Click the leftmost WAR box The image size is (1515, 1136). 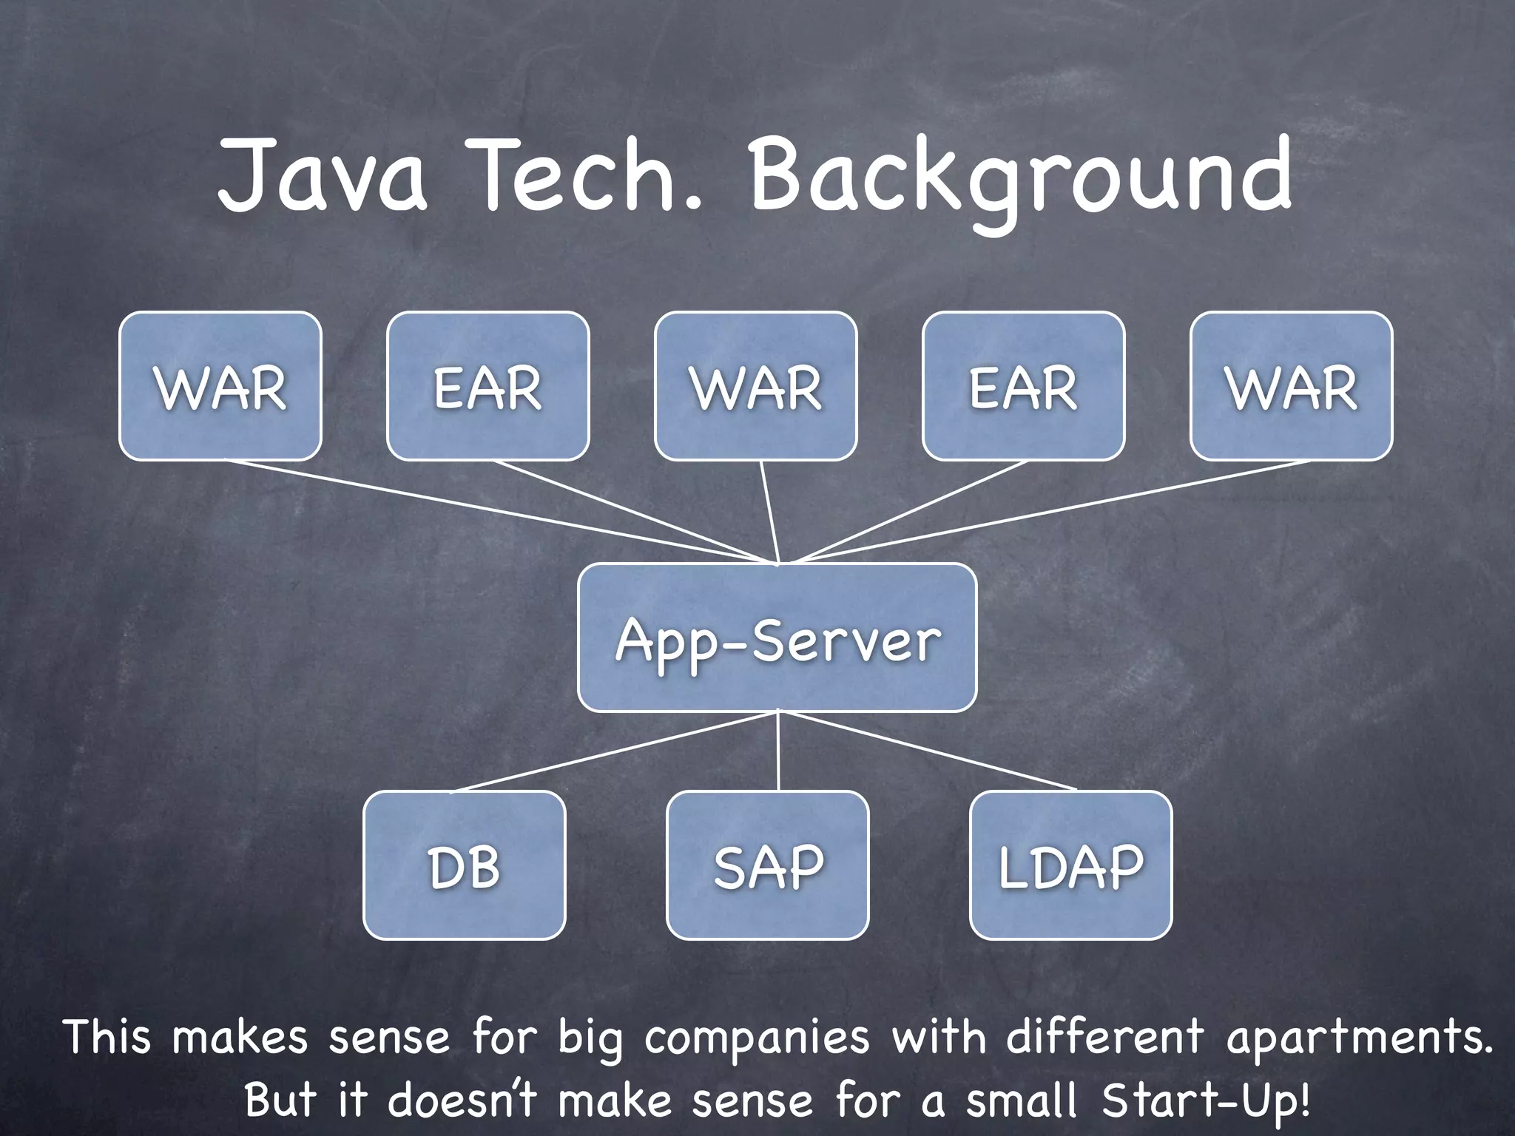(x=220, y=386)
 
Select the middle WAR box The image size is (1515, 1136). (x=755, y=386)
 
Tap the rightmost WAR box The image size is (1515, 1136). (x=1291, y=386)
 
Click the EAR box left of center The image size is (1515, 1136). (x=487, y=386)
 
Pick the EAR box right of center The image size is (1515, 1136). (x=1023, y=386)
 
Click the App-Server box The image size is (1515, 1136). (x=777, y=638)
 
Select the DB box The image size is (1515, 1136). (x=464, y=865)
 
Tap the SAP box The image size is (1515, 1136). (x=767, y=865)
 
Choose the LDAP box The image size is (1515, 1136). (x=1070, y=865)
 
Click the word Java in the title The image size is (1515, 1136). (x=323, y=177)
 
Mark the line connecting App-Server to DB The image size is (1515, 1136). (x=614, y=752)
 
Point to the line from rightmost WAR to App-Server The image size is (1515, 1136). (x=1050, y=512)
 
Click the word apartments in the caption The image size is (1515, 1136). (x=1357, y=1038)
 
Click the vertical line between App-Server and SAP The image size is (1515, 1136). (x=778, y=751)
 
